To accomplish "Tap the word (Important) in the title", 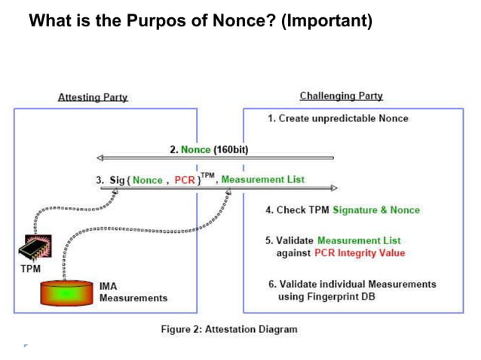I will (326, 20).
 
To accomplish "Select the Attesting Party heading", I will (93, 97).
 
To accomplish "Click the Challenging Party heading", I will (341, 96).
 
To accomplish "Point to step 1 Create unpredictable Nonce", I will (338, 118).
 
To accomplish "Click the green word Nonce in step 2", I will (196, 149).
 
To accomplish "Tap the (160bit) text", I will (231, 149).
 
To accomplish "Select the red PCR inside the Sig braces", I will (185, 180).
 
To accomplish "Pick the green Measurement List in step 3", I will (263, 179).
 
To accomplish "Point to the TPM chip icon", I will (34, 248).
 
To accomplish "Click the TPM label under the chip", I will (31, 268).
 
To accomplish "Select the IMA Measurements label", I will (133, 292).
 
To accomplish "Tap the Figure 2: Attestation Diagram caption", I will (229, 329).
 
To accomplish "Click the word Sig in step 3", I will (117, 180).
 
